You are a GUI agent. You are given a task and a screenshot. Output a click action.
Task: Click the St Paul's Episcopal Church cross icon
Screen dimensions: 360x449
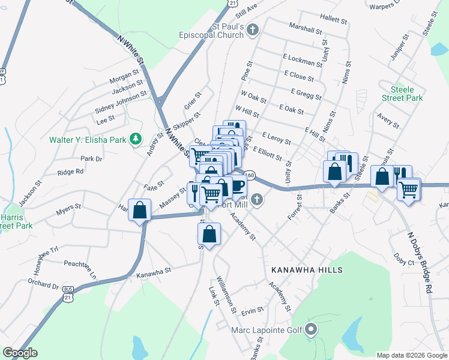253,29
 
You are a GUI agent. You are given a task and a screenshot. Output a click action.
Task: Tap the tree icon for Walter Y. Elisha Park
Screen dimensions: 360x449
136,139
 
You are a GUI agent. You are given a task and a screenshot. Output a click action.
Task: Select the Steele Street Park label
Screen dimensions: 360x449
402,94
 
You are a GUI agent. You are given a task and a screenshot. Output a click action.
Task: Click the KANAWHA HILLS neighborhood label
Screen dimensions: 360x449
306,270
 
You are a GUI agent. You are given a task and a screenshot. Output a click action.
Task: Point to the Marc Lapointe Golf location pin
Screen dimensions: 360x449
311,329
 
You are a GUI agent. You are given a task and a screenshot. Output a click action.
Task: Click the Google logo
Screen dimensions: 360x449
20,353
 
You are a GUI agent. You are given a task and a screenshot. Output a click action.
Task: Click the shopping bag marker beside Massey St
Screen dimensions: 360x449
140,211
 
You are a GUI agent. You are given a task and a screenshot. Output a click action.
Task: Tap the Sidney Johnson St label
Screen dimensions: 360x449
121,103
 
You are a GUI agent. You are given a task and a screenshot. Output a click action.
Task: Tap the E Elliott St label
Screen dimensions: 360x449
267,153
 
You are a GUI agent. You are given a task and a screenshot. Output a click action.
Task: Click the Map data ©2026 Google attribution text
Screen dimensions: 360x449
411,355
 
